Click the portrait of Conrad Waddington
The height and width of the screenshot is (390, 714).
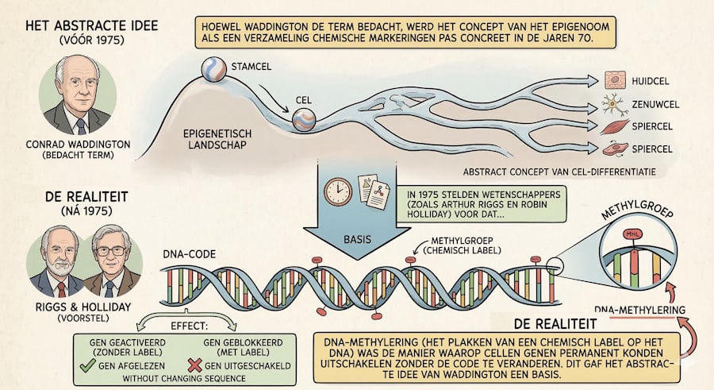[78, 96]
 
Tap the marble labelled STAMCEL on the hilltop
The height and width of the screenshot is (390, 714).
[213, 69]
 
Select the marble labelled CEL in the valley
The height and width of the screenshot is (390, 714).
[304, 119]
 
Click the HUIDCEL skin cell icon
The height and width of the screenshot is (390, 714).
[615, 81]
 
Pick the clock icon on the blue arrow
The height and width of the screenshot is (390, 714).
[338, 191]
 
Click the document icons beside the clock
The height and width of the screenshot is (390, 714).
[374, 191]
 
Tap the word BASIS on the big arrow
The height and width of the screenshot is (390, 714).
[358, 239]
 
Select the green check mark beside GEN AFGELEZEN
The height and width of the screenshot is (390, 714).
[87, 365]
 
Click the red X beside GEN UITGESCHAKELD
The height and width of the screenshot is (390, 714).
[194, 365]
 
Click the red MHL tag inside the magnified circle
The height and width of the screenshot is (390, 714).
[633, 234]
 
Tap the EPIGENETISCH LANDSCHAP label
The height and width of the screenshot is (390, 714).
[217, 140]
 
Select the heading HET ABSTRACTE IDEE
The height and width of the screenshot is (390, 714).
[92, 25]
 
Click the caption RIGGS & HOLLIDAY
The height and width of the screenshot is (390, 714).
[83, 307]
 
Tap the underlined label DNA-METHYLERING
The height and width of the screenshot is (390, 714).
[639, 311]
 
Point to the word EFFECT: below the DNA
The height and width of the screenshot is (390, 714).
[189, 326]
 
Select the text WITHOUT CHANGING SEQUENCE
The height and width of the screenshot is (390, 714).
[184, 379]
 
